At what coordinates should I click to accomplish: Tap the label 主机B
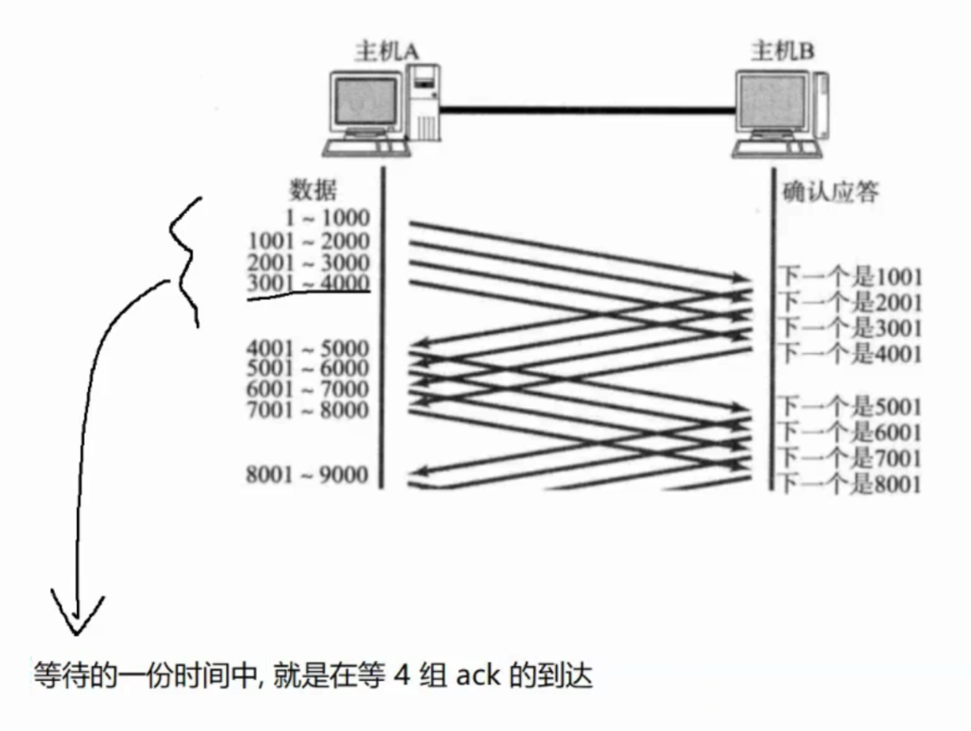coord(782,52)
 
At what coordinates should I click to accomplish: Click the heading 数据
coord(313,191)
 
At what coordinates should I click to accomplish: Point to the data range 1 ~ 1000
coord(329,218)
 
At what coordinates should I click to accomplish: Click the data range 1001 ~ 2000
coord(309,241)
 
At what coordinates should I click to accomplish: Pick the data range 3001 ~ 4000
coord(309,283)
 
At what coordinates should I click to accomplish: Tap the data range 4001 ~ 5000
coord(309,349)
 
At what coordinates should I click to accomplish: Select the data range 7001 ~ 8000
coord(309,411)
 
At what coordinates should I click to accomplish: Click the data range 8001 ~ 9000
coord(308,476)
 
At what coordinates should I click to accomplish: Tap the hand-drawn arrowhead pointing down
coord(77,613)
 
